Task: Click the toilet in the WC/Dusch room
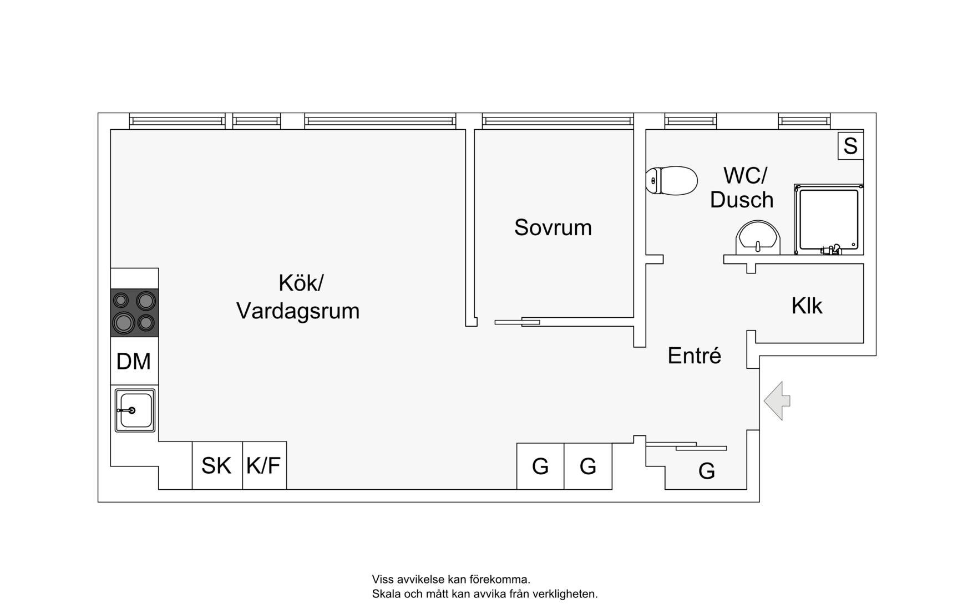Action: pos(672,181)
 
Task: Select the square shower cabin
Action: pos(828,220)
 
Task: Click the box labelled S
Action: pos(850,146)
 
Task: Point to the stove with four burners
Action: pos(134,312)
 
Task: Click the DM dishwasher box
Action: pos(134,361)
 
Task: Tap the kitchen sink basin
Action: pos(135,410)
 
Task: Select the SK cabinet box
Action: pos(217,466)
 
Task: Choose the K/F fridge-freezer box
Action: pos(264,466)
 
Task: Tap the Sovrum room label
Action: pos(553,227)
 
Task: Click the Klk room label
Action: pos(807,306)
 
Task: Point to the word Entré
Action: pos(694,356)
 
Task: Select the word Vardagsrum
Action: pos(298,311)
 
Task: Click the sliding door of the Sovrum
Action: pos(517,322)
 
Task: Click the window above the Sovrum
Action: pos(557,120)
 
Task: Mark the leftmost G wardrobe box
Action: pos(540,466)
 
